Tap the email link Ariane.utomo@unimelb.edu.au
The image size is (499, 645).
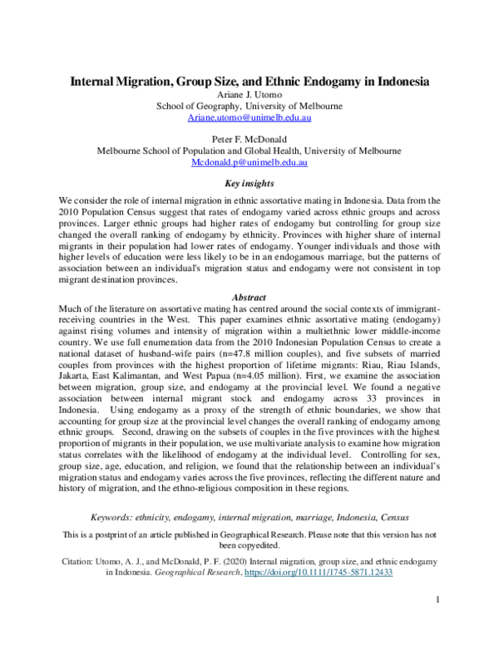pyautogui.click(x=249, y=120)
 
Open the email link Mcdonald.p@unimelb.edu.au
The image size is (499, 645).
pyautogui.click(x=249, y=163)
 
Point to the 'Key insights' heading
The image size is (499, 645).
pyautogui.click(x=249, y=184)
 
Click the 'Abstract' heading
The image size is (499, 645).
pyautogui.click(x=249, y=297)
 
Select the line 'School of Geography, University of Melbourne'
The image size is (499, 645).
pyautogui.click(x=249, y=107)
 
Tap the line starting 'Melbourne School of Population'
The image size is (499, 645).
pyautogui.click(x=249, y=151)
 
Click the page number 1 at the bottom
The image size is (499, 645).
pyautogui.click(x=437, y=599)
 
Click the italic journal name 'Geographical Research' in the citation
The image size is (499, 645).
pyautogui.click(x=192, y=573)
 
